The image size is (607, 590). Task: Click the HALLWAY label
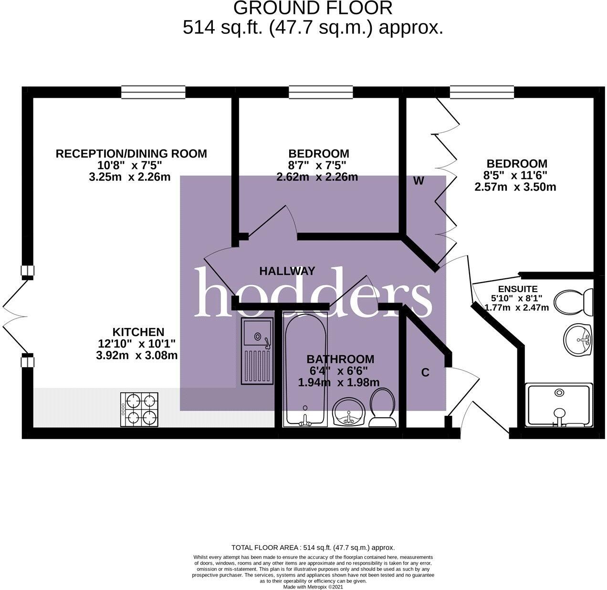287,271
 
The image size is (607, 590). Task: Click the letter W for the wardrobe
419,181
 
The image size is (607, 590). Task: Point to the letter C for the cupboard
425,372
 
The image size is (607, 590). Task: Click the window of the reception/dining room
153,92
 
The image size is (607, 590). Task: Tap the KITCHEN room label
138,332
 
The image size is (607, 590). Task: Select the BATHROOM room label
340,359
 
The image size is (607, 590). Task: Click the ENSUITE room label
518,289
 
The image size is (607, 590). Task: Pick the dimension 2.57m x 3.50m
515,187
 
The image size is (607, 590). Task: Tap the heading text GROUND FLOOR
313,8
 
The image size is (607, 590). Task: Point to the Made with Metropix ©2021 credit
313,587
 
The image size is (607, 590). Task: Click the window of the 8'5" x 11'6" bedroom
482,92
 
